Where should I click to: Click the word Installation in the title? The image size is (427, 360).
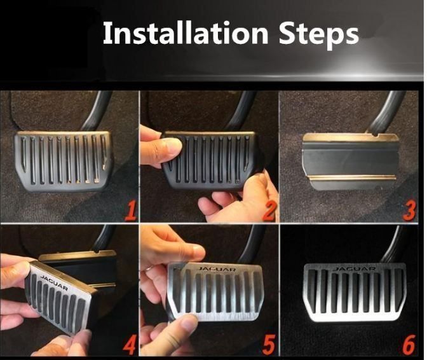click(x=186, y=34)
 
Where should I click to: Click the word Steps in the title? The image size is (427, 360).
click(x=319, y=35)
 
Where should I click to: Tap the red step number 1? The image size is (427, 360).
click(x=131, y=210)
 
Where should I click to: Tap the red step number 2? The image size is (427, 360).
click(x=269, y=211)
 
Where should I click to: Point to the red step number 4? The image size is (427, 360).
click(x=130, y=345)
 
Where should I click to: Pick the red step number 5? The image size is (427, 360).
click(x=269, y=345)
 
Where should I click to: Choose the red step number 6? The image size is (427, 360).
click(x=409, y=345)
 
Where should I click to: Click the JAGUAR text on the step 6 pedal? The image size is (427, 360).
click(x=355, y=269)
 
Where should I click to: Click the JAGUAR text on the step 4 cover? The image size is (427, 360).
click(x=54, y=282)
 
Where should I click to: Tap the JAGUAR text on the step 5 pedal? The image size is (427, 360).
click(x=217, y=270)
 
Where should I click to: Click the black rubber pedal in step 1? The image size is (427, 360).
click(x=64, y=161)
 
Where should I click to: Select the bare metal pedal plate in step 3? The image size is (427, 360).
click(x=351, y=162)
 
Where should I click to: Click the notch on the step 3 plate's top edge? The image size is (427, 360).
click(x=376, y=135)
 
